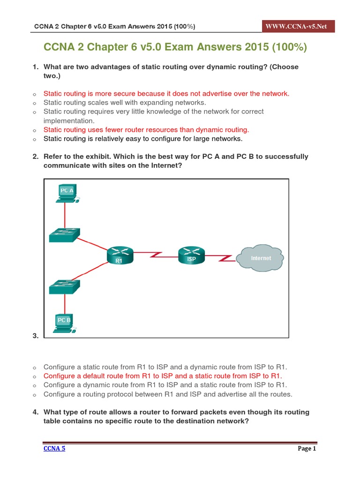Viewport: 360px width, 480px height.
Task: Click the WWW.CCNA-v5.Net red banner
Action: click(x=297, y=26)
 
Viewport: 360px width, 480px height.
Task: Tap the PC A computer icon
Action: click(x=67, y=193)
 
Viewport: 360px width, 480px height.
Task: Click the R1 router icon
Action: click(x=120, y=255)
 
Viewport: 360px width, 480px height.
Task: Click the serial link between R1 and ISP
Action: click(x=156, y=255)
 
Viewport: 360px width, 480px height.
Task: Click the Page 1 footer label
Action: click(x=307, y=449)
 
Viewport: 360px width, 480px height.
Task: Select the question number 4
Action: click(x=35, y=412)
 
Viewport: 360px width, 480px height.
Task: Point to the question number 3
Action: click(x=35, y=335)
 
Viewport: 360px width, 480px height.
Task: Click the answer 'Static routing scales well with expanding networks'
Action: click(x=125, y=102)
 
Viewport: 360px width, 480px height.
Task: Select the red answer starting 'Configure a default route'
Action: click(x=163, y=376)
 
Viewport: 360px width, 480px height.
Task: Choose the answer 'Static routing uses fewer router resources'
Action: click(x=146, y=129)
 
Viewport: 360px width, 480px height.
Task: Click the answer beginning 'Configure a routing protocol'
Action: click(x=168, y=394)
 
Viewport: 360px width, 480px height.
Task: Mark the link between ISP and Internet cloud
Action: click(x=221, y=257)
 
